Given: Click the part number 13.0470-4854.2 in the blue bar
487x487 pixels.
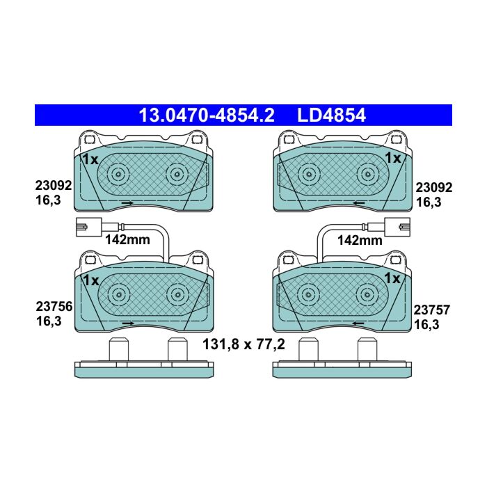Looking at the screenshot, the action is point(207,115).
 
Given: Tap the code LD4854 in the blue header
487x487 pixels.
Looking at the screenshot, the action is point(332,115).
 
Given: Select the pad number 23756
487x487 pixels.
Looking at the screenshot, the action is point(54,307).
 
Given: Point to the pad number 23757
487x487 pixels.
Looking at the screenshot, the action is point(432,310).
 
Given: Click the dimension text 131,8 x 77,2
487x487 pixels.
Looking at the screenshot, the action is point(243,344).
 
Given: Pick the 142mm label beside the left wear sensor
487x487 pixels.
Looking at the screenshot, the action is point(127,239).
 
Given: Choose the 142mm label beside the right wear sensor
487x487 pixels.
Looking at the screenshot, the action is point(360,240).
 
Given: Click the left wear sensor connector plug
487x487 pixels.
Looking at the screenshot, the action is point(89,227).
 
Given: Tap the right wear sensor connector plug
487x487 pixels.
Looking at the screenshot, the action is point(397,227).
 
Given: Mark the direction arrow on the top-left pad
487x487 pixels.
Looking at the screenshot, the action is point(127,203).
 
